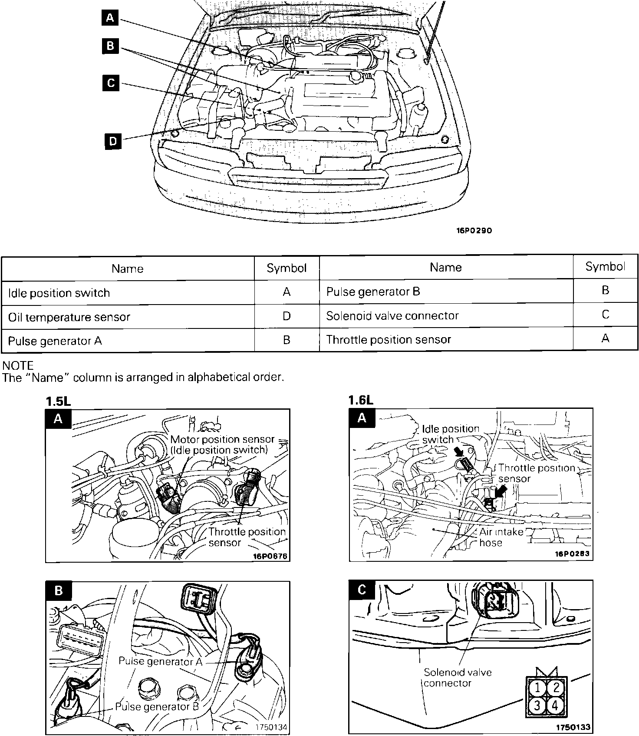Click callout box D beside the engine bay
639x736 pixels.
click(113, 141)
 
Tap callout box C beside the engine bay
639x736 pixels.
click(111, 83)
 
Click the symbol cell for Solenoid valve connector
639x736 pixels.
click(606, 315)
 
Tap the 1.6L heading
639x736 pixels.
click(361, 400)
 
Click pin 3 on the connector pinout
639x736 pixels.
click(537, 705)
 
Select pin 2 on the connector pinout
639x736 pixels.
click(556, 687)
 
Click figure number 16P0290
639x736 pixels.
click(474, 231)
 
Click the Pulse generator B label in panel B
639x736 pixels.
click(157, 706)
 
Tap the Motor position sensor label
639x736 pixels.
click(222, 439)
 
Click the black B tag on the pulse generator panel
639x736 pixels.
click(59, 590)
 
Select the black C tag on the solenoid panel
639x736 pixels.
click(362, 590)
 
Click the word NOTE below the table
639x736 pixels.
click(18, 365)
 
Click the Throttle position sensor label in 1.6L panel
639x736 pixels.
click(536, 473)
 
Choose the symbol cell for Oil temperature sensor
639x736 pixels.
click(287, 316)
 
